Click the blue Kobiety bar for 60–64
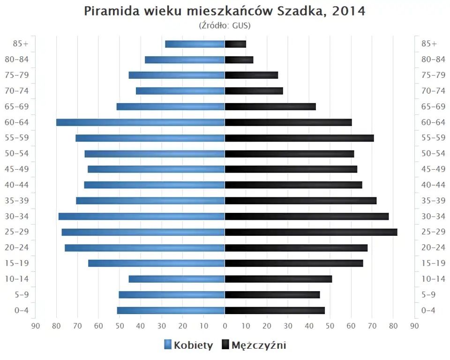[x=141, y=122]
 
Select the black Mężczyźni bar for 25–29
[x=311, y=232]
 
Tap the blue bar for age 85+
[x=195, y=44]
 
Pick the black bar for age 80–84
[x=239, y=60]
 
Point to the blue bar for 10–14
[x=177, y=279]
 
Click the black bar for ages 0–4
[x=275, y=310]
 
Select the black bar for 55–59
[x=299, y=138]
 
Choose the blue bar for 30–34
[x=142, y=216]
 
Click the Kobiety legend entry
[x=188, y=345]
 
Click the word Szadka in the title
[x=303, y=11]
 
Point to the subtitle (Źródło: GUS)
[x=225, y=25]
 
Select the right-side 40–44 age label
[x=433, y=185]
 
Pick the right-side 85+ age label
[x=429, y=44]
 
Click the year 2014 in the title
[x=348, y=11]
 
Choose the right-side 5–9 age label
[x=429, y=294]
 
